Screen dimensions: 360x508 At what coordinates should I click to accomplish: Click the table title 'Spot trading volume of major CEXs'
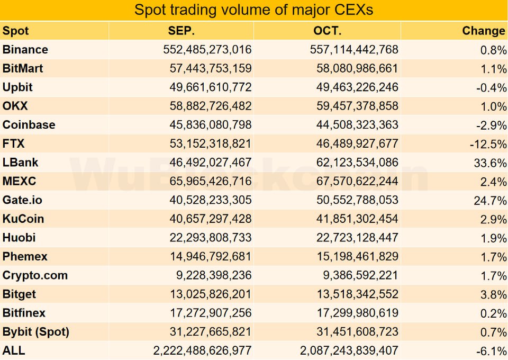254,10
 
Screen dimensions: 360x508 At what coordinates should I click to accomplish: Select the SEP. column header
182,31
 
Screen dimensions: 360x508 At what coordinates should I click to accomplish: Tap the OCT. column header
327,31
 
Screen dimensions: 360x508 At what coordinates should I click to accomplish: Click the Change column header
483,31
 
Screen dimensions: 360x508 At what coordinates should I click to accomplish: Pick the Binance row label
25,50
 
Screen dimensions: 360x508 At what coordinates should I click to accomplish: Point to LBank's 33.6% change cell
490,163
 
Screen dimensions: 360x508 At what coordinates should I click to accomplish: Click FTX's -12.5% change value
487,144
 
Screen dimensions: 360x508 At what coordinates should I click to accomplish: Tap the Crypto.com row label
35,275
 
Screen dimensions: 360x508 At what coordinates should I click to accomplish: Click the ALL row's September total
202,350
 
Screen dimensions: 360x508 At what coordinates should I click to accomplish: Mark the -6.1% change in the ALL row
492,350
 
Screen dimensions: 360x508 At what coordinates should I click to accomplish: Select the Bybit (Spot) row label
36,332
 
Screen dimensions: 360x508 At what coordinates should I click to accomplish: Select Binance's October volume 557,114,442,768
354,50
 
